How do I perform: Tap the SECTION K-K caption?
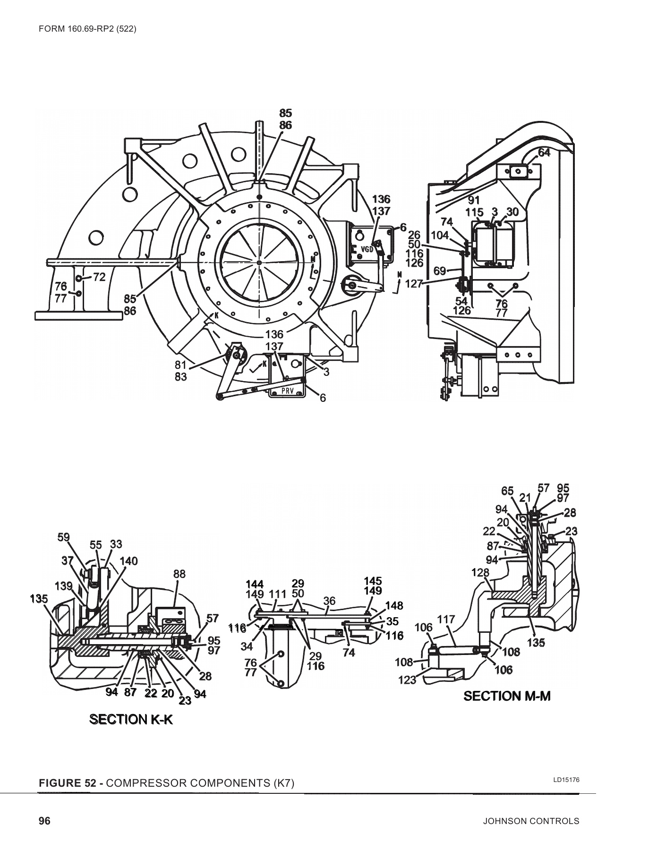[131, 719]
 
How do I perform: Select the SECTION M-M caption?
[507, 696]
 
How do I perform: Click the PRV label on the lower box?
[288, 391]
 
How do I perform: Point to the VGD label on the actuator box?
[367, 249]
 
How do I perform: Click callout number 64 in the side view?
[544, 153]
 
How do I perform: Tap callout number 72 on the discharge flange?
[99, 277]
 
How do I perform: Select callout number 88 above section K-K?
[179, 574]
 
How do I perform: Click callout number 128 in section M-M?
[480, 572]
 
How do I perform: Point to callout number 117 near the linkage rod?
[446, 619]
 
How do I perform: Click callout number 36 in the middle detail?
[329, 601]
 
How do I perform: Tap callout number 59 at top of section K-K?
[64, 537]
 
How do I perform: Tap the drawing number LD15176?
[566, 780]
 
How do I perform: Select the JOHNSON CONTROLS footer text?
[531, 821]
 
